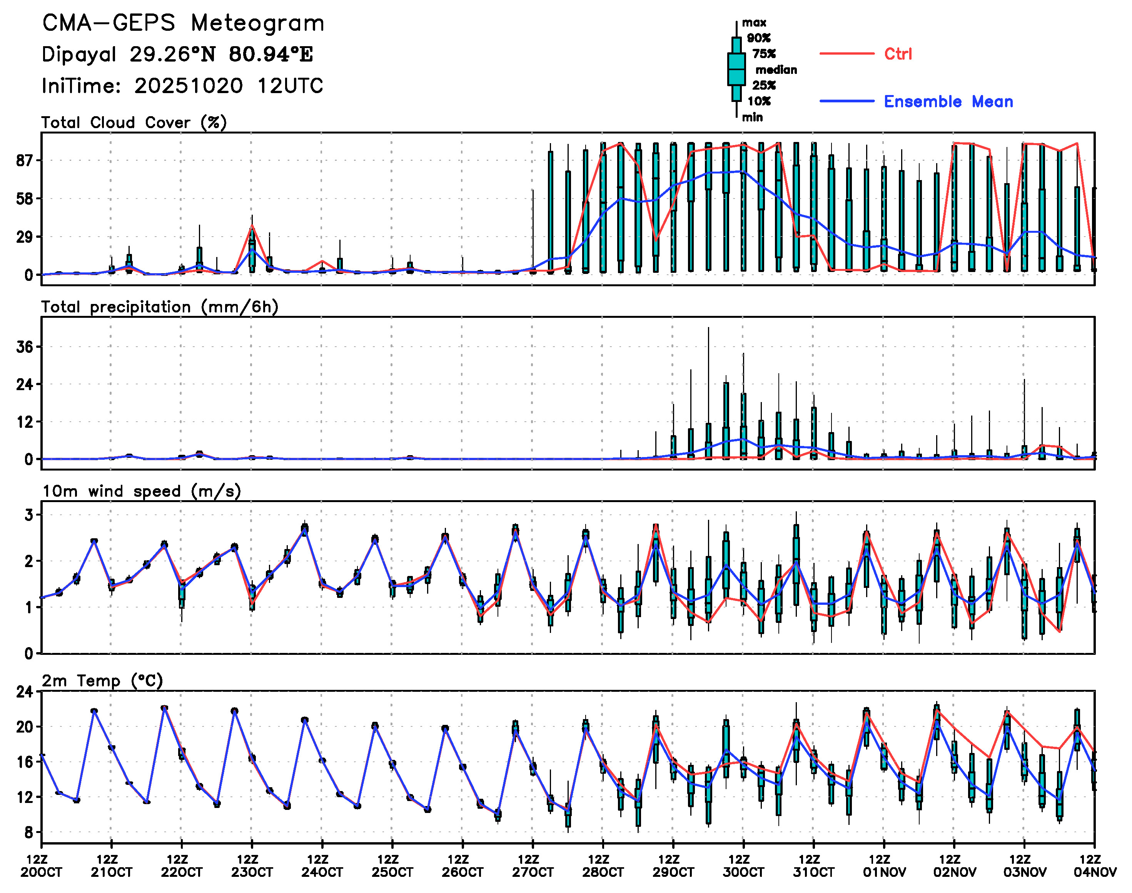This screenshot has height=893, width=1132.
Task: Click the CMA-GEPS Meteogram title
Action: pos(183,23)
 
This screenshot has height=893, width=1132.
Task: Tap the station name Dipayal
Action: pos(78,54)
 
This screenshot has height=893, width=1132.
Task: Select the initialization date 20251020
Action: pos(188,86)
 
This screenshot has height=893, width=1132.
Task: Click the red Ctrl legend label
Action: pos(898,54)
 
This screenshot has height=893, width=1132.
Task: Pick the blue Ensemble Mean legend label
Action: pos(948,102)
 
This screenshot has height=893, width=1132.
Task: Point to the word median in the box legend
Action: pos(776,70)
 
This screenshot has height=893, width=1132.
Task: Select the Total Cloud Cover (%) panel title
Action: pos(134,122)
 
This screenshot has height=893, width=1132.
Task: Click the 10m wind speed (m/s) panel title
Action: pos(141,491)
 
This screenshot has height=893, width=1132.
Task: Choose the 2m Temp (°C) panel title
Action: pos(102,680)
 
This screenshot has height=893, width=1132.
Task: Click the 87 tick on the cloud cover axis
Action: pos(25,160)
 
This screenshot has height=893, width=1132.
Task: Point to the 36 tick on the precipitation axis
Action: pos(25,347)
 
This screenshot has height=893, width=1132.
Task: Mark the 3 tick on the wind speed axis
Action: pos(29,515)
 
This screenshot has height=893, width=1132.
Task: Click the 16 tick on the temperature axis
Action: pos(25,761)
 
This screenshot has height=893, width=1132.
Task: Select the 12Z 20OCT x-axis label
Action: pos(41,866)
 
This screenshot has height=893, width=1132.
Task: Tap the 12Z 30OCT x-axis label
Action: pos(743,866)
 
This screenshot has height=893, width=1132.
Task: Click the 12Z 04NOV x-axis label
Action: pos(1094,866)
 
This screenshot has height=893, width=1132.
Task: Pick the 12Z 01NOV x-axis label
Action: pos(883,866)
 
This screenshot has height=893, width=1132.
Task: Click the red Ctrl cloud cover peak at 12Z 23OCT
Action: pos(252,226)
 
